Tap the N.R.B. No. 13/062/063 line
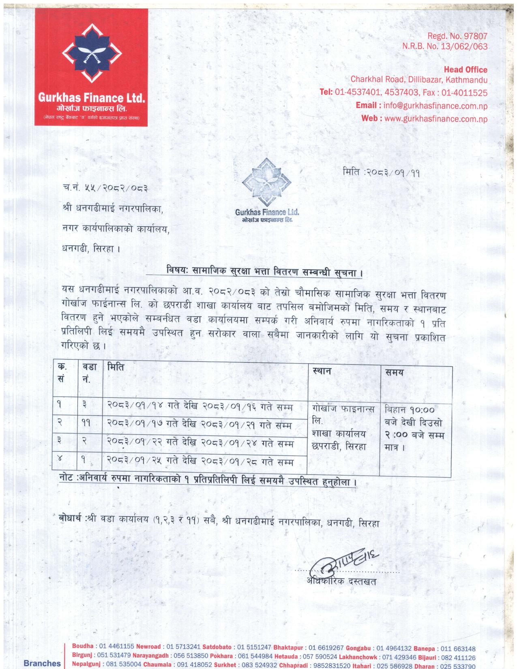pos(444,47)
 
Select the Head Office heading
pos(466,70)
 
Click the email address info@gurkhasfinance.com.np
pos(435,106)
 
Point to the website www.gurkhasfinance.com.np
pos(435,119)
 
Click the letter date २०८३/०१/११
pos(393,172)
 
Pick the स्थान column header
pos(322,371)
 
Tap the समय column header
pos(394,372)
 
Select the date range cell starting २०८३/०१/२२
pos(200,443)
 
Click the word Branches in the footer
pos(42,663)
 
